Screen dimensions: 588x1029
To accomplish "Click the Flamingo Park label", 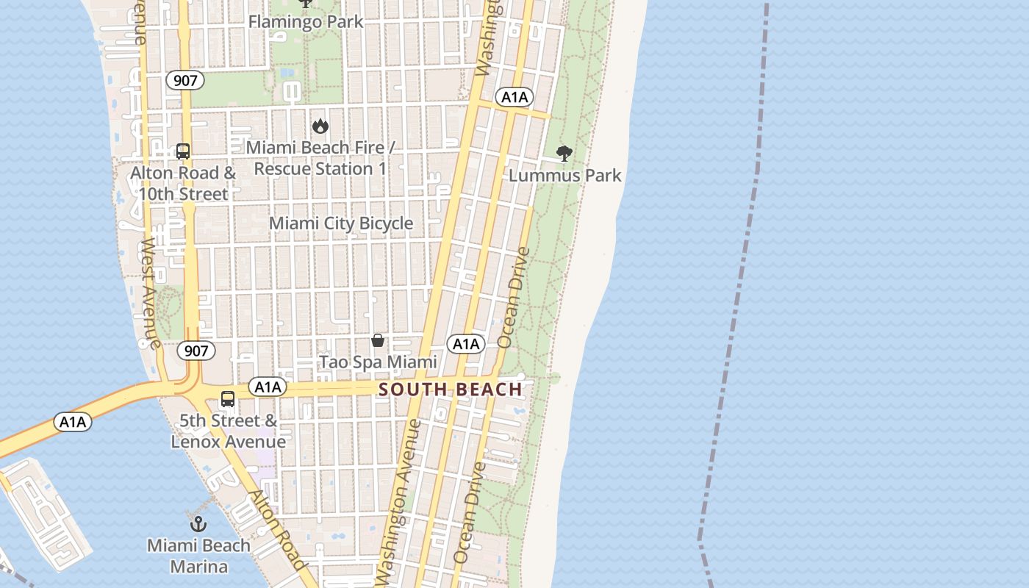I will [306, 21].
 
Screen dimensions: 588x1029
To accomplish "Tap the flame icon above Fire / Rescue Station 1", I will [320, 126].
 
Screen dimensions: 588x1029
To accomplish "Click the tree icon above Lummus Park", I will [564, 154].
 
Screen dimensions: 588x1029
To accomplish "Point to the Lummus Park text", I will [564, 176].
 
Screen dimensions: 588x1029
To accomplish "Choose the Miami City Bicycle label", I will [341, 223].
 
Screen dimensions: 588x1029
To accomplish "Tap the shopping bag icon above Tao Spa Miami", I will [378, 340].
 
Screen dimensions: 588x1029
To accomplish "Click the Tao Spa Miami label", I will [378, 362].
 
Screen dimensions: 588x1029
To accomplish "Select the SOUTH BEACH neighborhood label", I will [451, 390].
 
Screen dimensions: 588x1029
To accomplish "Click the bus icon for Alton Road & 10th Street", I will [183, 151].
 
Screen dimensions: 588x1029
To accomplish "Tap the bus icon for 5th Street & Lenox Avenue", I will [228, 399].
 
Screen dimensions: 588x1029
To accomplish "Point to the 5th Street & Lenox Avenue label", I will [228, 431].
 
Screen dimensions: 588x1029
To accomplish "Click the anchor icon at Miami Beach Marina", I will [198, 524].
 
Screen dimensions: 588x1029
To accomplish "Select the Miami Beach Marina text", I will [198, 556].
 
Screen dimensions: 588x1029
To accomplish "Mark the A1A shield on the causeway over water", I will [73, 422].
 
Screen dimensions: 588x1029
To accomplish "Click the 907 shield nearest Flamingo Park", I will [184, 80].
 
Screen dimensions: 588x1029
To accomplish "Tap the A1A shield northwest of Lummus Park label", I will [514, 97].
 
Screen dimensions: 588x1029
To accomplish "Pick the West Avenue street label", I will [151, 293].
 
